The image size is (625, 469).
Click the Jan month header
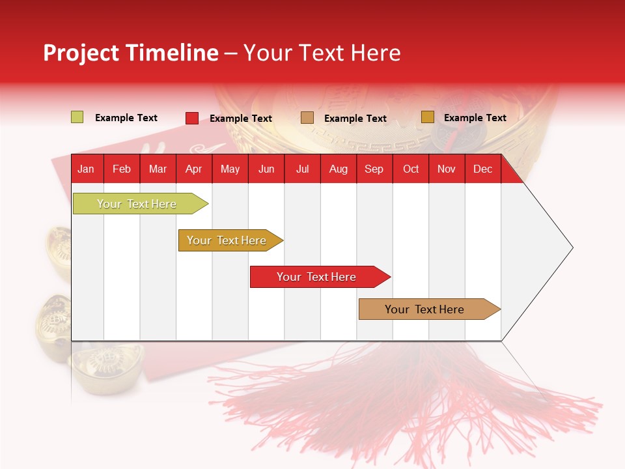86,169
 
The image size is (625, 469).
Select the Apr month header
194,169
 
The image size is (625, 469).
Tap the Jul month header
302,169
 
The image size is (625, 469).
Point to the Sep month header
374,169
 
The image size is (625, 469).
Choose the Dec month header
482,169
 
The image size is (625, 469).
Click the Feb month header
122,169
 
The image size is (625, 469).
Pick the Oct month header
411,169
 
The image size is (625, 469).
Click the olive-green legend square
77,117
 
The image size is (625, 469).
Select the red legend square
191,118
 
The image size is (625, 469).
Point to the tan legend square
307,118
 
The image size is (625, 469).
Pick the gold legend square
427,117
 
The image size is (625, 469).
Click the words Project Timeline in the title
130,53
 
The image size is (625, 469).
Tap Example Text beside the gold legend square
475,118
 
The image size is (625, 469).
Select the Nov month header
447,169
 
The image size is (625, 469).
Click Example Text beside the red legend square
240,119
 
